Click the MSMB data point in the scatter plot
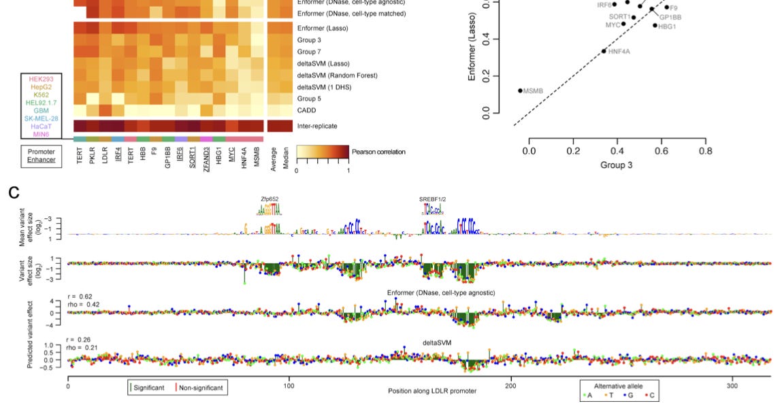521,90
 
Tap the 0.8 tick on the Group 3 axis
706,150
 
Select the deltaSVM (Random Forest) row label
338,75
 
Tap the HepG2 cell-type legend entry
42,87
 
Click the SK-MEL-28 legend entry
42,118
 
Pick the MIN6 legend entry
42,134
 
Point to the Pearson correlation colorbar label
378,152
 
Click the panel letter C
14,192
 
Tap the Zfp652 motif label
269,199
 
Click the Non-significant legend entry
202,387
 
